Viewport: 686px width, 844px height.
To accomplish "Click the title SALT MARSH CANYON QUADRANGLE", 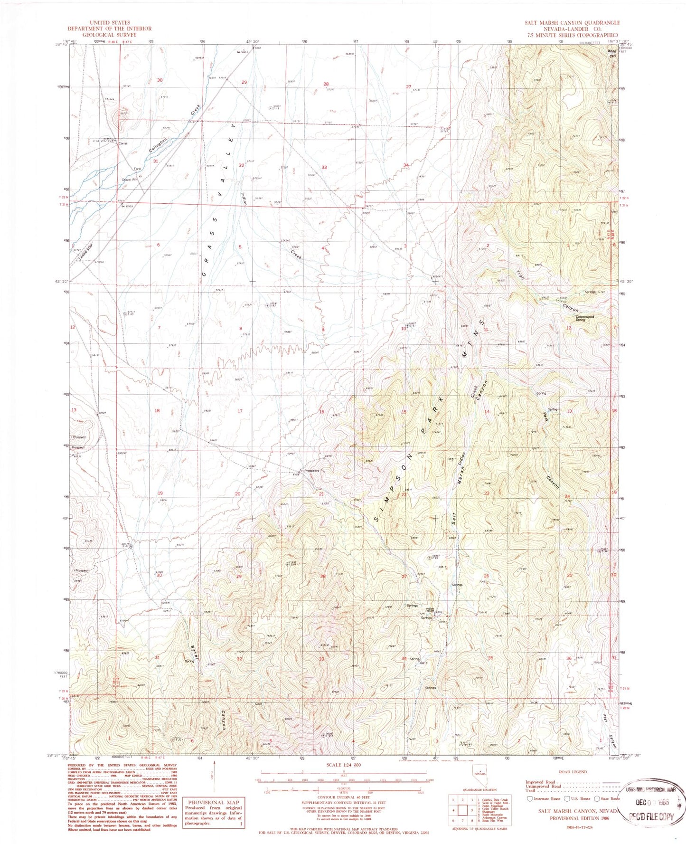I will (572, 23).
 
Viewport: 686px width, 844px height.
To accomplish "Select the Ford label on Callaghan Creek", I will (137, 169).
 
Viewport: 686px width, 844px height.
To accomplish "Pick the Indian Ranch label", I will (429, 610).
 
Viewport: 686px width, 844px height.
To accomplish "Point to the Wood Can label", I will (612, 53).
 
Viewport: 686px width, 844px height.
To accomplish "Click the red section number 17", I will (240, 411).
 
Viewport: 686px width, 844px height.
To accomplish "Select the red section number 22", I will (404, 494).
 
